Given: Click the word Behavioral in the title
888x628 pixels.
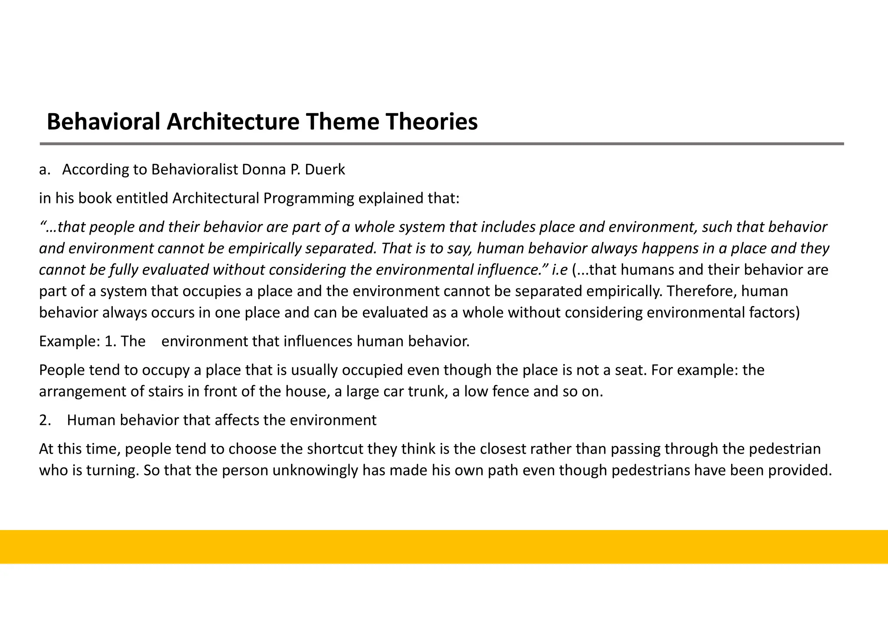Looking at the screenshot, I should point(103,122).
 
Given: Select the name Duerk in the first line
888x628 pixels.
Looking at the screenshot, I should point(325,170).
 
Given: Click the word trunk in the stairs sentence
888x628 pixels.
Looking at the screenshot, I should point(428,392).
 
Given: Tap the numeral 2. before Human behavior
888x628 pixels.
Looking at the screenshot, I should point(45,421).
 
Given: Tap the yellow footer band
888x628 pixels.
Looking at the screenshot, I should point(444,546).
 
